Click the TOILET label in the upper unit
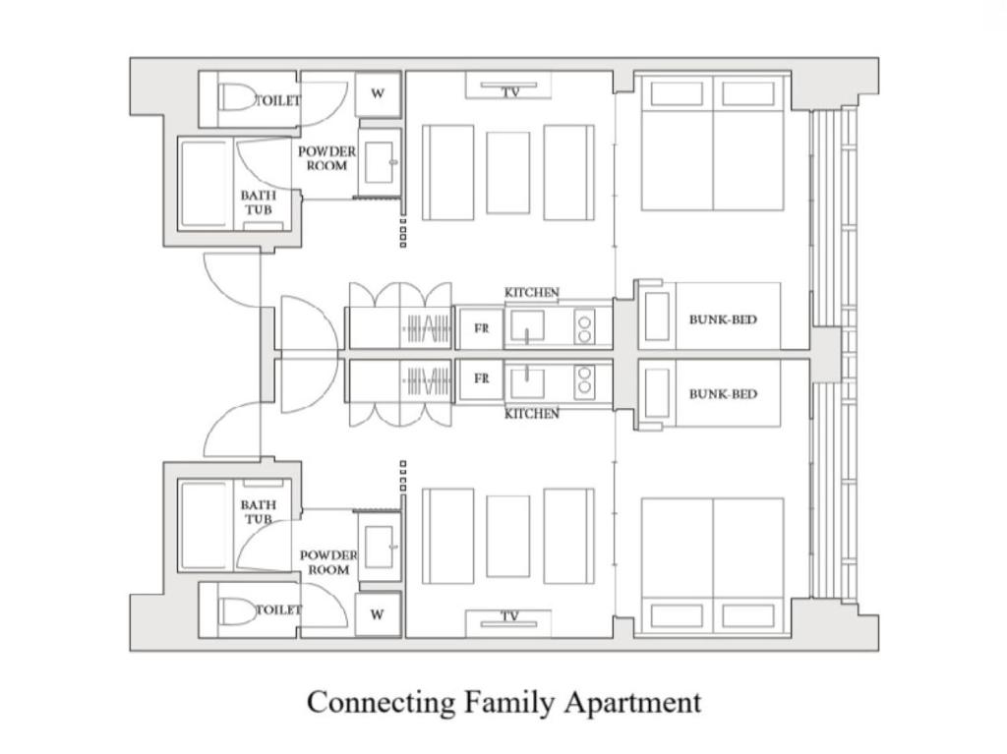click(278, 100)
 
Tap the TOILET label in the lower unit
click(278, 610)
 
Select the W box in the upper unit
click(378, 94)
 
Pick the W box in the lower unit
click(378, 614)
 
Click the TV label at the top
click(509, 92)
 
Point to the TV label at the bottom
click(509, 617)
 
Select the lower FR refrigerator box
click(481, 378)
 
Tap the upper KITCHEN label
click(532, 293)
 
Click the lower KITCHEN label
click(532, 414)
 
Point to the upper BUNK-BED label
click(723, 319)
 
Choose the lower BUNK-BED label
click(723, 394)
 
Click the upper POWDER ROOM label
click(326, 158)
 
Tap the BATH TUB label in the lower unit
click(259, 511)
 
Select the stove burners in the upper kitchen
click(584, 327)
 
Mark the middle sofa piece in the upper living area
click(507, 172)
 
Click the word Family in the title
click(508, 703)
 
